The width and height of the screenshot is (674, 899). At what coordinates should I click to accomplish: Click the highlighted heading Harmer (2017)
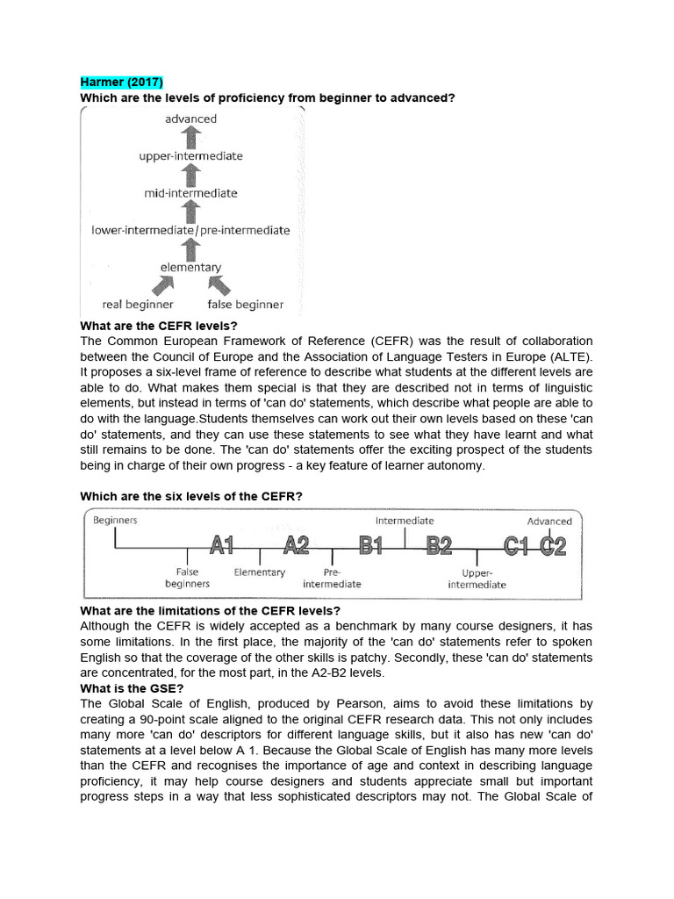pos(116,83)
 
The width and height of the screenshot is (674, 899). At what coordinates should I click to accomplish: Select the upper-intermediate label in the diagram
pos(190,156)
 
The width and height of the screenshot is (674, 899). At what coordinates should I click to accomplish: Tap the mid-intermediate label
pos(190,193)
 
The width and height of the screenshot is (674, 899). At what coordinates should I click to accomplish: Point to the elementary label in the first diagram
pos(190,267)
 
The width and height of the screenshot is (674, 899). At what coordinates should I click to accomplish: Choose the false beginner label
pos(245,305)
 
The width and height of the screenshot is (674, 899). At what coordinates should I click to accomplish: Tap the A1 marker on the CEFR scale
pos(221,546)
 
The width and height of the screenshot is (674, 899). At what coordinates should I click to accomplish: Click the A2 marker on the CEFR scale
pos(297,546)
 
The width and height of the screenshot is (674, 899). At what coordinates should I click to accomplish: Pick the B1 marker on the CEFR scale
pos(371,546)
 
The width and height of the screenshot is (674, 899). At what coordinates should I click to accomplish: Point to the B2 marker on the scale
pos(439,546)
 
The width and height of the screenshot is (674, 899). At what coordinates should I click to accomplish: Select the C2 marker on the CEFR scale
pos(554,546)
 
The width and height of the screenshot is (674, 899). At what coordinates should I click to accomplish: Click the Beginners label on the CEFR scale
pos(116,520)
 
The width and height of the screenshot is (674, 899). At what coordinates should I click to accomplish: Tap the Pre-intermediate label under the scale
pos(332,578)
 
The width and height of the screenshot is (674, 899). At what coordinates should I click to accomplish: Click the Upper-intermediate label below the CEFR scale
pos(477,578)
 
